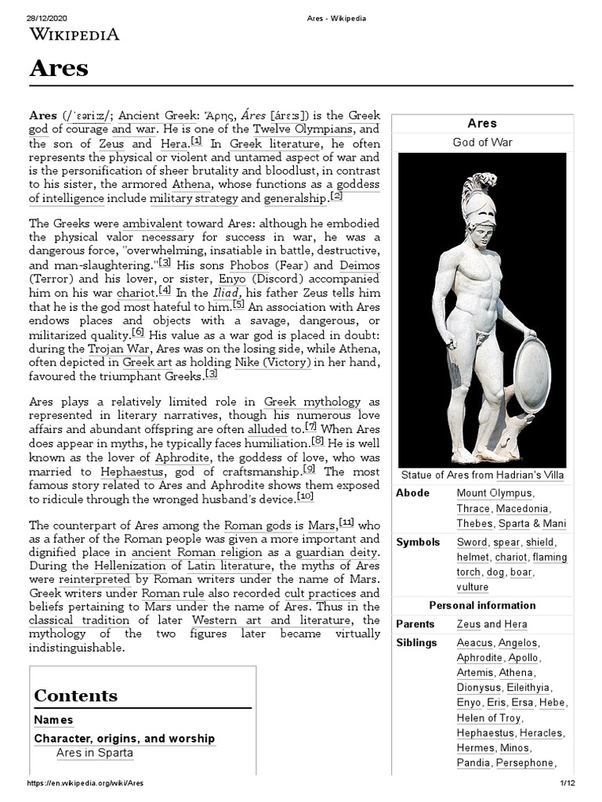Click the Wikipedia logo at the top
74,34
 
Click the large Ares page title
59,68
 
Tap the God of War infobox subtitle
482,142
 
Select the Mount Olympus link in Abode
494,493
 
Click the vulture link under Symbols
472,587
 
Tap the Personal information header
482,605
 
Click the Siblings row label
416,642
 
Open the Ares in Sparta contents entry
95,753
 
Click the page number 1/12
568,783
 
